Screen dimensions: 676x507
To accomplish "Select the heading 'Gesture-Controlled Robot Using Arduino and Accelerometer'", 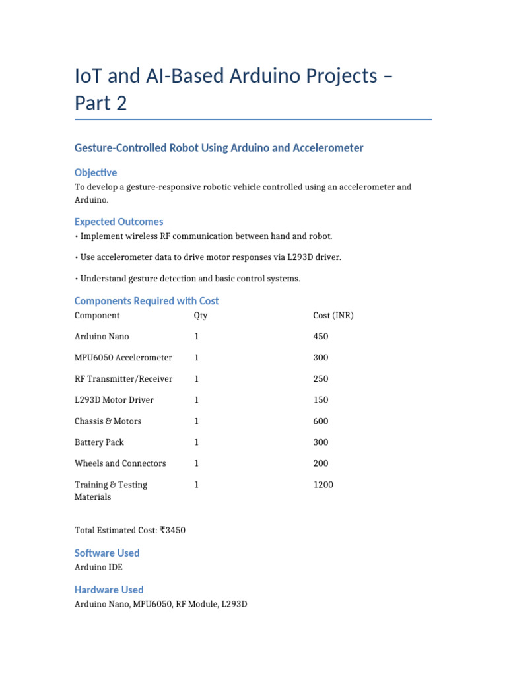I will point(219,148).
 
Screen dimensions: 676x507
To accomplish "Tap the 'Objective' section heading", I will point(96,172).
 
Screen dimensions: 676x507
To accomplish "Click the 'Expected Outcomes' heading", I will point(119,222).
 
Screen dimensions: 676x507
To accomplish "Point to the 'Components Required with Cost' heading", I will point(147,301).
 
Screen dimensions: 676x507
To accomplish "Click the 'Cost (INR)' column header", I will point(333,316).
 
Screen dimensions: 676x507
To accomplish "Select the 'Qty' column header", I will point(201,316).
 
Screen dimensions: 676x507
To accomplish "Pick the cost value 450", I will point(320,337).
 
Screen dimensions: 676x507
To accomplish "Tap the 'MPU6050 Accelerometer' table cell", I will point(123,358).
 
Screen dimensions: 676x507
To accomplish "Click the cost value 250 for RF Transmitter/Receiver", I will point(320,379).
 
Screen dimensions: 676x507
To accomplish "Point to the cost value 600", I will point(320,421).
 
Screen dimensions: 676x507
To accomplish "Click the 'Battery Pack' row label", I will point(99,442).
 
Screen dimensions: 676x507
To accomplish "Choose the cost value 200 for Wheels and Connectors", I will point(320,463).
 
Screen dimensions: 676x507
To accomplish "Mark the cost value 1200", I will point(323,485).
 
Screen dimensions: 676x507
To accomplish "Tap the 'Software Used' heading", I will point(107,553).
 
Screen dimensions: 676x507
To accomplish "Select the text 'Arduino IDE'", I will point(98,567).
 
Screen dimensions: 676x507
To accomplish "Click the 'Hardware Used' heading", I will point(109,590).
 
